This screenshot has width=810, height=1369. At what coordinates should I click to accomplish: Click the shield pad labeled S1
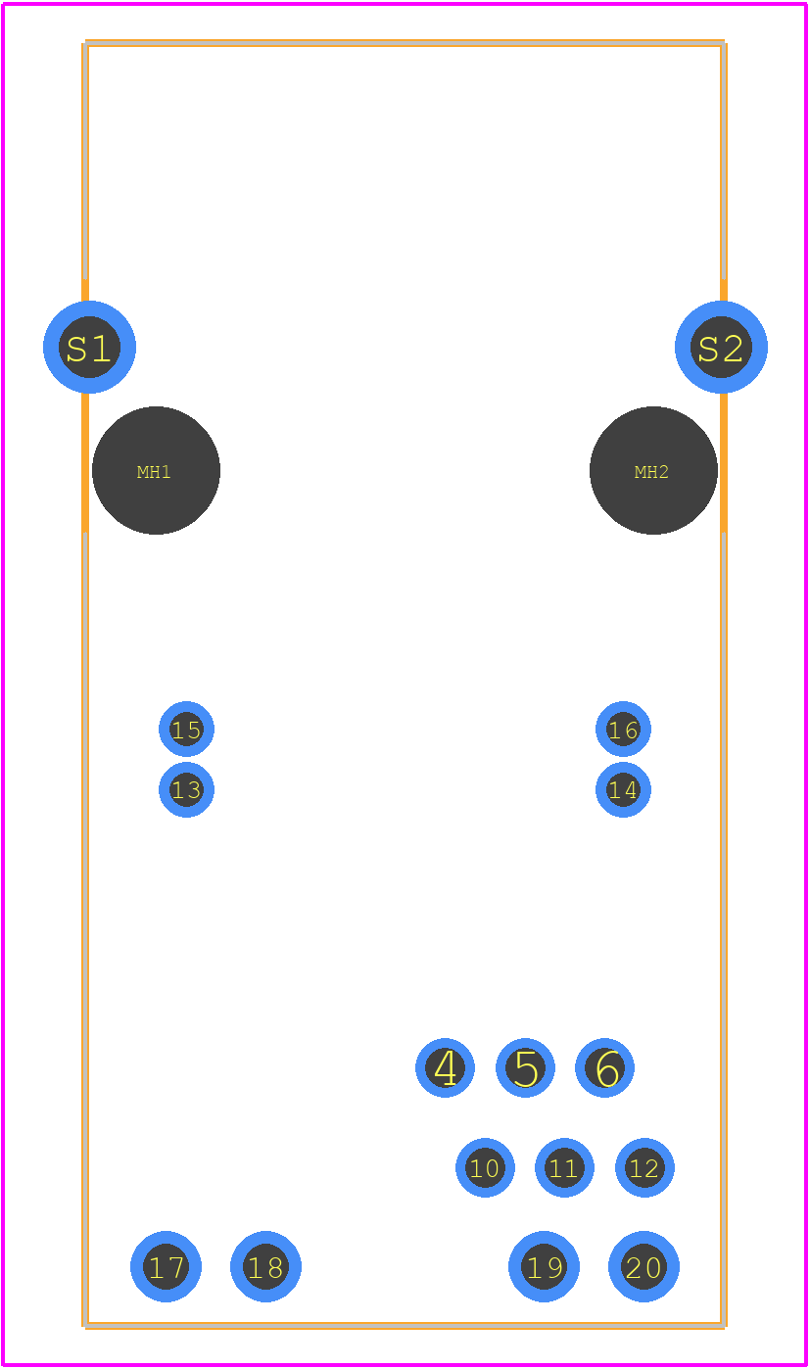coord(89,347)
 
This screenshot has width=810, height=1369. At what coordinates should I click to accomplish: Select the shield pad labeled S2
coord(721,347)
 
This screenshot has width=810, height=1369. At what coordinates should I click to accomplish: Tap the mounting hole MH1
coord(156,470)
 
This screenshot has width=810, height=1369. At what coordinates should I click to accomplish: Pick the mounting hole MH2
coord(653,470)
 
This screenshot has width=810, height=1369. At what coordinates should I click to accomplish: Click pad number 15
coord(186,729)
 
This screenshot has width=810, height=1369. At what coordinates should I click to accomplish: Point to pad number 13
coord(186,789)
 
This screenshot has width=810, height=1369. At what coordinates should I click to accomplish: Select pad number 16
coord(623,729)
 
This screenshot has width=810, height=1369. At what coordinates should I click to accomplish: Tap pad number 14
coord(623,789)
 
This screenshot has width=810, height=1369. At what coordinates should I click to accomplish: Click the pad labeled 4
coord(445,1067)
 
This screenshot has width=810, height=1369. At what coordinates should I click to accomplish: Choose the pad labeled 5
coord(525,1067)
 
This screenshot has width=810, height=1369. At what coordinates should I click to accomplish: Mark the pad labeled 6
coord(604,1067)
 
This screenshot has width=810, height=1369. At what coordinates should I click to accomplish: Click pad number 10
coord(486,1167)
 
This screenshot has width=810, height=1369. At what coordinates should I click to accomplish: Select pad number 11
coord(564,1167)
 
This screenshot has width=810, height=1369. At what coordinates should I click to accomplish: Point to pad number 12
coord(644,1167)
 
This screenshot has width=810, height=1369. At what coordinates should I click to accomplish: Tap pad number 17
coord(166,1266)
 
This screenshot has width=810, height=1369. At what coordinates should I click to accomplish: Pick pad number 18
coord(266,1266)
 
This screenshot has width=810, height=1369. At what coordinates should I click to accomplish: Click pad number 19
coord(544,1266)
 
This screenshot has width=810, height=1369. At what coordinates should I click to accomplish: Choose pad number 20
coord(643,1266)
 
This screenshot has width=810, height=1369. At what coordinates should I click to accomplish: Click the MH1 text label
coord(154,471)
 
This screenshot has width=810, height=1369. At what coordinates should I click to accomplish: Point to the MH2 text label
coord(651,471)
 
